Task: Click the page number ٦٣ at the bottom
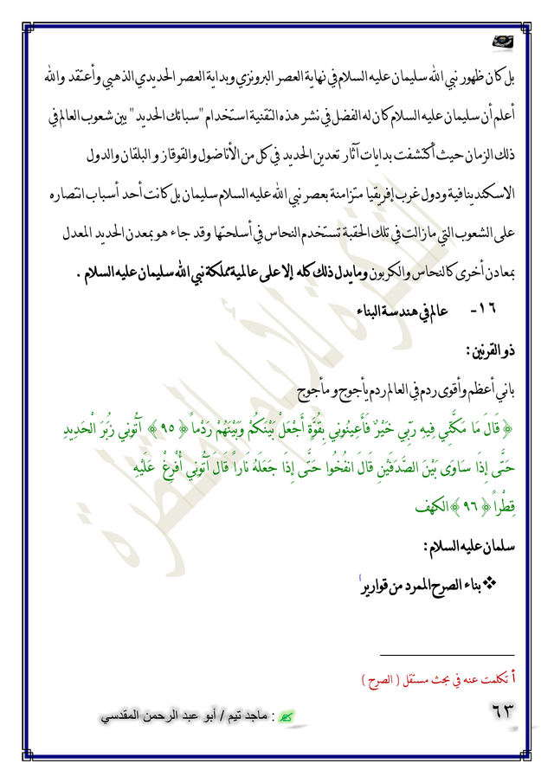pos(498,715)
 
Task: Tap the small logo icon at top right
pos(500,40)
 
